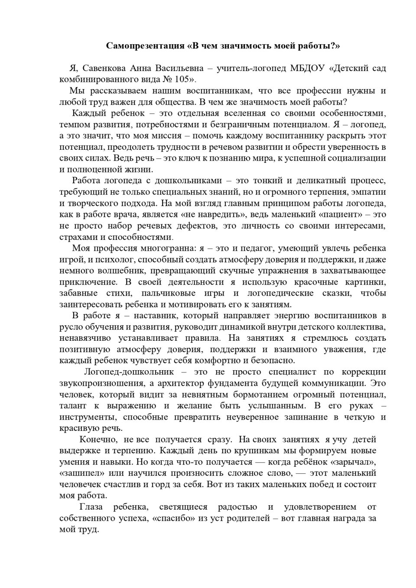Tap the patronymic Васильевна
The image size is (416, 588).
click(179, 68)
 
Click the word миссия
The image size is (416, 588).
click(173, 136)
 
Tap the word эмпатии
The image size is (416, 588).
click(368, 192)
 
